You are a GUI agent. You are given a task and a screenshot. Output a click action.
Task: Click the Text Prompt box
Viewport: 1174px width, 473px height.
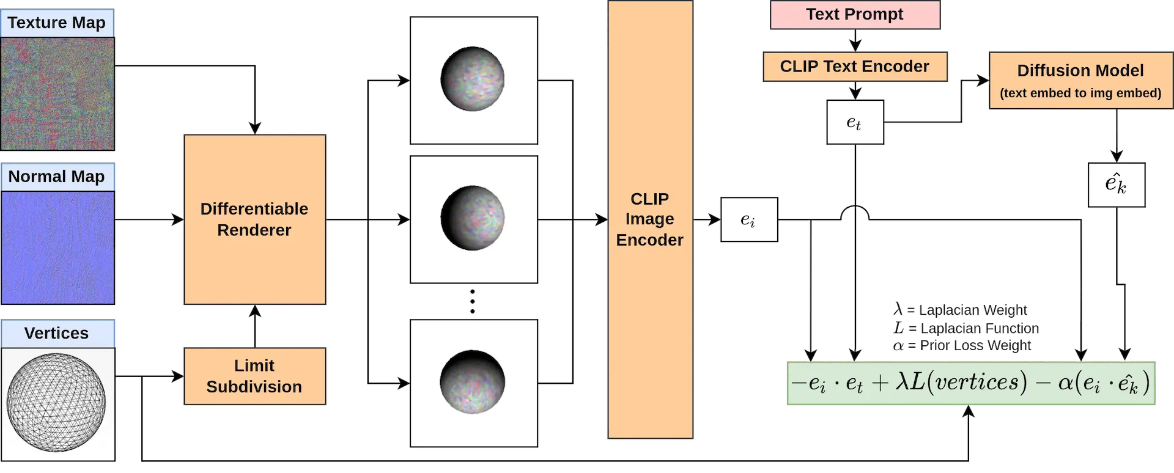click(854, 15)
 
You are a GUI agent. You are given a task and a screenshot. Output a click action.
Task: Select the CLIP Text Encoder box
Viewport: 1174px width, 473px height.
click(854, 67)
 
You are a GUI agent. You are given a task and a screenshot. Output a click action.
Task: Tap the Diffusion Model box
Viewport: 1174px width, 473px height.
click(1080, 80)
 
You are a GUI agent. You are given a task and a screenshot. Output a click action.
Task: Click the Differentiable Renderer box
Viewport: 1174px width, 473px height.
click(254, 219)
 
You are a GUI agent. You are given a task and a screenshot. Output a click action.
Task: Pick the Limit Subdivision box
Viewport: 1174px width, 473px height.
click(254, 376)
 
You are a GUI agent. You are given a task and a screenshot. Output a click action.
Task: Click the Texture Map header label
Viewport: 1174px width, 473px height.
click(57, 23)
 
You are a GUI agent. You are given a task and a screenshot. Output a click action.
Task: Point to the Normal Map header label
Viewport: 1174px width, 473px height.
click(57, 177)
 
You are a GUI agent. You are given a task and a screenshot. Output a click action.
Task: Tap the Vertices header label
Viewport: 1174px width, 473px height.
click(57, 333)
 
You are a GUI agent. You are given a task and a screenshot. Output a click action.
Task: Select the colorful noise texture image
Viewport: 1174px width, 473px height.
click(57, 93)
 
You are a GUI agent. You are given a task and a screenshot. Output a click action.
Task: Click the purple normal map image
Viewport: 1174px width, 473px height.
click(57, 247)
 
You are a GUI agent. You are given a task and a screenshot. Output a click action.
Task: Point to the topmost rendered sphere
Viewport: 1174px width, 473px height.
click(473, 79)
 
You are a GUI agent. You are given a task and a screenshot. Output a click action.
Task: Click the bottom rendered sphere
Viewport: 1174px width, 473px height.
click(473, 382)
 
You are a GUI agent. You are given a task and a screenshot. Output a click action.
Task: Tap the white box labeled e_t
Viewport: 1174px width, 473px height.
click(855, 123)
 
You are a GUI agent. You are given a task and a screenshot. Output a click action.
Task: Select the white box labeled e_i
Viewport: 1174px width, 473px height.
click(748, 219)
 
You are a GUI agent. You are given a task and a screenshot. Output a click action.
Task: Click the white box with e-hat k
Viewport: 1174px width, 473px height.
click(1115, 184)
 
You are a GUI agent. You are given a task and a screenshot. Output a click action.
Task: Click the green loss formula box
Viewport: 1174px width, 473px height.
click(970, 383)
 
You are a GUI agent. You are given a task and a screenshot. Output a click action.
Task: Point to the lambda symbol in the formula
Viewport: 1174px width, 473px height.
click(902, 382)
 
